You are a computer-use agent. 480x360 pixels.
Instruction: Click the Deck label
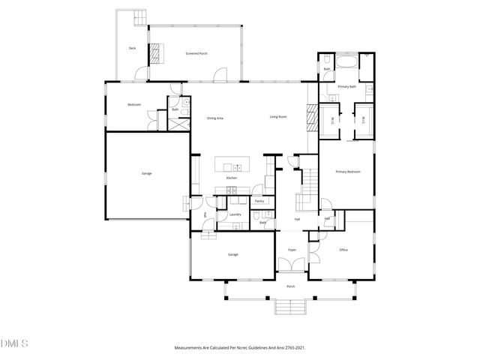[132, 48]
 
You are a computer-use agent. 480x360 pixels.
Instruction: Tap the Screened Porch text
[196, 54]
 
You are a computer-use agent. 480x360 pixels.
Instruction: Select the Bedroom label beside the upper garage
[135, 104]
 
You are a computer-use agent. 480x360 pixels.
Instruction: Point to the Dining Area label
[215, 118]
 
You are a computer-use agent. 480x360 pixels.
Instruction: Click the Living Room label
[280, 116]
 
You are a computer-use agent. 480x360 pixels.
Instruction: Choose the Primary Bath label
[346, 87]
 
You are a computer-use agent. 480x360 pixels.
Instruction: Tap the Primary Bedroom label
[348, 172]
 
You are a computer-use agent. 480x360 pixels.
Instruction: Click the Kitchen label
[232, 178]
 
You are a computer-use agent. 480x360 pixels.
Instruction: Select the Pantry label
[259, 201]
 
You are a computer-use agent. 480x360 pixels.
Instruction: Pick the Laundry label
[235, 215]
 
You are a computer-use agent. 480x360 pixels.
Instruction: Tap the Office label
[343, 250]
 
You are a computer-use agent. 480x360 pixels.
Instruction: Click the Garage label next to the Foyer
[233, 255]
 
